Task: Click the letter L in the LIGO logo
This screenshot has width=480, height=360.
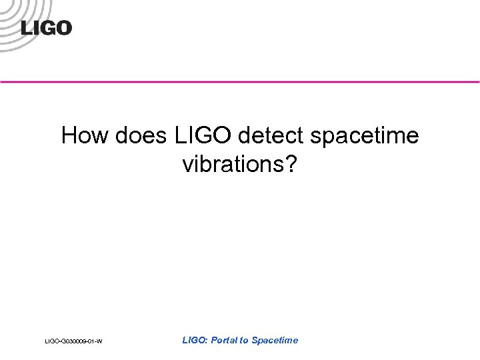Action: [27, 28]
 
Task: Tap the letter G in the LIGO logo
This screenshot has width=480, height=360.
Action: [47, 28]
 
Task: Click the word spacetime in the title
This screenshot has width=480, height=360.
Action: [364, 136]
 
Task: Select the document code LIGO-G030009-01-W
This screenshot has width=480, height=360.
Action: [73, 342]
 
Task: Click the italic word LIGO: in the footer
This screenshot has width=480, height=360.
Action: [195, 340]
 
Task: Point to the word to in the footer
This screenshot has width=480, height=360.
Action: [244, 340]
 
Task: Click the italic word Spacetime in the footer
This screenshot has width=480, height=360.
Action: [275, 340]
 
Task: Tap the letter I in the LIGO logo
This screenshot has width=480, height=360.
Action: [37, 28]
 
